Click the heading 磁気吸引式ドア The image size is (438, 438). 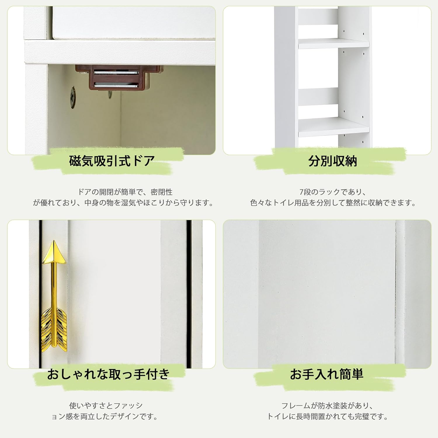[112, 161]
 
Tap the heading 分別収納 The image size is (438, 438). [332, 161]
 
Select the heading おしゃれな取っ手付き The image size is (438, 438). [108, 374]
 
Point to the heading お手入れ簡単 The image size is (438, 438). [326, 374]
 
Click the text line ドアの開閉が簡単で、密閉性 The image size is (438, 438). [125, 192]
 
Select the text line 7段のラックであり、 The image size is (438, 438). [333, 192]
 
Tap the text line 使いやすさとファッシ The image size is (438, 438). [106, 405]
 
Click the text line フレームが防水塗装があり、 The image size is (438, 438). [327, 405]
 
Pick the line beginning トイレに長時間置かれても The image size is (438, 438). [327, 416]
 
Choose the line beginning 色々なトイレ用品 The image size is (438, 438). [333, 203]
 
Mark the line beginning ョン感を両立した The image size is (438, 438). [105, 416]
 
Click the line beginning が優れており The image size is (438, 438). [123, 203]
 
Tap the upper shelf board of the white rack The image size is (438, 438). [333, 44]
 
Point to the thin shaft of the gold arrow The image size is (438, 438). [53, 286]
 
